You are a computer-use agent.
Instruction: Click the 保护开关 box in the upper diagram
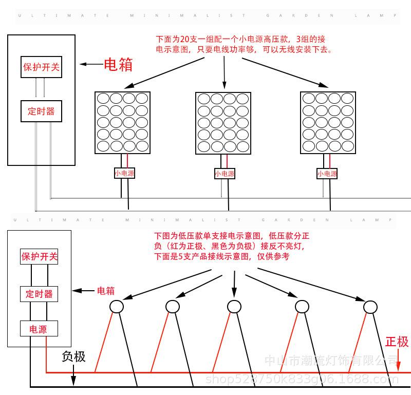pyautogui.click(x=42, y=67)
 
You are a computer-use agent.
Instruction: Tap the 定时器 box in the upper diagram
pyautogui.click(x=42, y=111)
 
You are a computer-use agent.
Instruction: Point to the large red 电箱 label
pyautogui.click(x=118, y=65)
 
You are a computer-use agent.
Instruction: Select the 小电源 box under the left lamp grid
pyautogui.click(x=124, y=174)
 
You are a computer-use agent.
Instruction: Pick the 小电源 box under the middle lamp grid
pyautogui.click(x=225, y=174)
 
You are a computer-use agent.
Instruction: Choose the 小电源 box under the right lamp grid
pyautogui.click(x=327, y=174)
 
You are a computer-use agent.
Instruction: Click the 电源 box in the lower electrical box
pyautogui.click(x=39, y=329)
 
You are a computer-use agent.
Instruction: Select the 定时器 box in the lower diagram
pyautogui.click(x=39, y=293)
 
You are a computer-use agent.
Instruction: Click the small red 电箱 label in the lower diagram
pyautogui.click(x=105, y=291)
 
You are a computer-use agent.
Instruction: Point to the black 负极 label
pyautogui.click(x=73, y=356)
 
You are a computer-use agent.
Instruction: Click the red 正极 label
pyautogui.click(x=397, y=342)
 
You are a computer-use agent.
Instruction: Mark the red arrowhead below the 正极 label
pyautogui.click(x=398, y=366)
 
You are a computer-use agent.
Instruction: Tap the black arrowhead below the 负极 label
pyautogui.click(x=73, y=381)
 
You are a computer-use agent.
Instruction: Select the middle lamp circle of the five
pyautogui.click(x=234, y=306)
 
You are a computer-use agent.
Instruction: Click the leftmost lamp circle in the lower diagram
pyautogui.click(x=117, y=307)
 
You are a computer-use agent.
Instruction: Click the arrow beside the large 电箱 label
pyautogui.click(x=91, y=65)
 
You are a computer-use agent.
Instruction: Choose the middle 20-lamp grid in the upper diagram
pyautogui.click(x=223, y=122)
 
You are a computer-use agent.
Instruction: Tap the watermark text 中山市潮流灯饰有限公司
pyautogui.click(x=337, y=361)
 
